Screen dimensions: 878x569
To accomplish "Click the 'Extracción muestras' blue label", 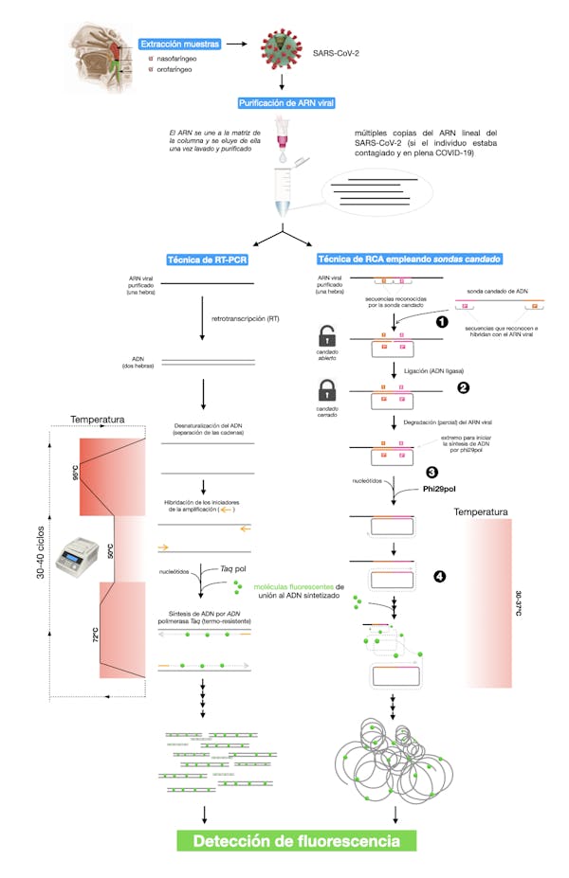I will click(x=180, y=45).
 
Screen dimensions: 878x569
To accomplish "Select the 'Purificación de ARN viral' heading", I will click(x=284, y=102).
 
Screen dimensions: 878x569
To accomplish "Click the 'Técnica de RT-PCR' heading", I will click(x=208, y=260).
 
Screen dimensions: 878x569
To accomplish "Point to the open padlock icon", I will click(x=327, y=337).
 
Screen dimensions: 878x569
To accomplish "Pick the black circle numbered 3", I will click(x=431, y=471).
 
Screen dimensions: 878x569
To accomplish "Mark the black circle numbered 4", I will click(x=439, y=576).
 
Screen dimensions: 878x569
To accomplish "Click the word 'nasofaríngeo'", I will click(x=178, y=59).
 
